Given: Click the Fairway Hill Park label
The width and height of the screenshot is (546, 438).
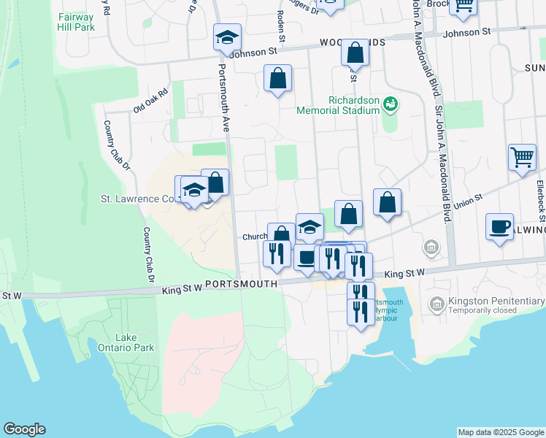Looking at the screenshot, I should (77, 21).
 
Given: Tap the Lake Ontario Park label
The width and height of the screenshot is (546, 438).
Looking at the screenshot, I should (135, 343).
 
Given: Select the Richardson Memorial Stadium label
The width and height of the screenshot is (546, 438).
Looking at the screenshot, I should (338, 105).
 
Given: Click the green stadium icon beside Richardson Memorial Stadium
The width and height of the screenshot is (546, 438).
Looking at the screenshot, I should (391, 104).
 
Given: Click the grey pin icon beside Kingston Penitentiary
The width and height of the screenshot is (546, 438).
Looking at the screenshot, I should (437, 303).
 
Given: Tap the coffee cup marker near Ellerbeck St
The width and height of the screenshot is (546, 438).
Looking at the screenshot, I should (499, 227).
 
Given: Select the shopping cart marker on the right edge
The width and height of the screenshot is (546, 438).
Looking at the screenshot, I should (522, 157).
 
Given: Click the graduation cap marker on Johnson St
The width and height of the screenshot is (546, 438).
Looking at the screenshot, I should (227, 37).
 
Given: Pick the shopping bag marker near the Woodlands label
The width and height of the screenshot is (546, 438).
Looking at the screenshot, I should (355, 53).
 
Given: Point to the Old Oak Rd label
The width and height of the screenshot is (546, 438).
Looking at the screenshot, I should (150, 101).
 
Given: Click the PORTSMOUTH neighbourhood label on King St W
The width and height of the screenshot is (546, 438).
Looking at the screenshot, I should (241, 284).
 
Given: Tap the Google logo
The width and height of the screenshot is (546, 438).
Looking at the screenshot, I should (24, 429).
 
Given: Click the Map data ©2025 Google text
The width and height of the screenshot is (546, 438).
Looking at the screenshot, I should (500, 432).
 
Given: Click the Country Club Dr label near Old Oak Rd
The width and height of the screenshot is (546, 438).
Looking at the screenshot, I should (116, 145).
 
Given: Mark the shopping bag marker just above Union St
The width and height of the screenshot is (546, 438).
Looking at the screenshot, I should (388, 202).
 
